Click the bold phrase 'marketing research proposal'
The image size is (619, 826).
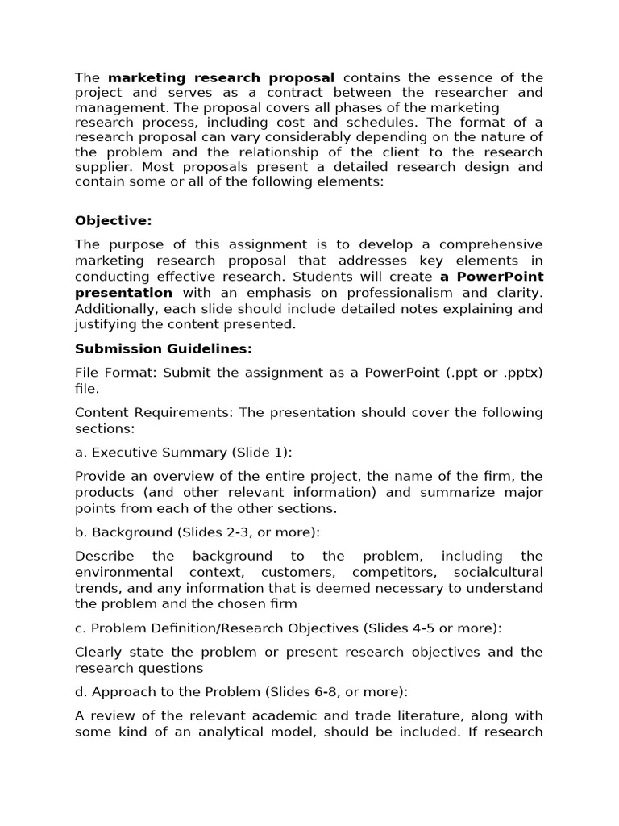pyautogui.click(x=221, y=78)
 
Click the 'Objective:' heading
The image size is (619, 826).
pyautogui.click(x=113, y=220)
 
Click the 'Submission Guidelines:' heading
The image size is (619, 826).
pyautogui.click(x=164, y=348)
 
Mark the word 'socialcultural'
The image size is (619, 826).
pyautogui.click(x=500, y=572)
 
